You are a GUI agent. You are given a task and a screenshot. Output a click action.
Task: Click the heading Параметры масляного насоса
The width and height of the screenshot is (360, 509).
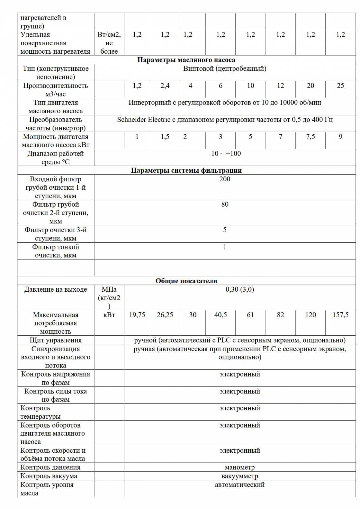(186, 60)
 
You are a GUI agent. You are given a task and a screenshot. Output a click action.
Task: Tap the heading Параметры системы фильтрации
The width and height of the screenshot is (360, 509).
(186, 171)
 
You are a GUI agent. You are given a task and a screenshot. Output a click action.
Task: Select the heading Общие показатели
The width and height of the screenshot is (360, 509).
(186, 281)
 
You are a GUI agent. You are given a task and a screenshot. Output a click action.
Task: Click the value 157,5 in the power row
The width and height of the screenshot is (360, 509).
(340, 315)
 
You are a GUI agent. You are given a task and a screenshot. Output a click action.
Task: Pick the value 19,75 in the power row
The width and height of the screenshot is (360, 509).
(137, 315)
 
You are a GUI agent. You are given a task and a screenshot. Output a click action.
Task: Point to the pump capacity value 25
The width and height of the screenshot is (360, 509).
(340, 86)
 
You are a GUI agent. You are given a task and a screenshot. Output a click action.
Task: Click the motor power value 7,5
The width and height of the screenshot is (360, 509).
(310, 137)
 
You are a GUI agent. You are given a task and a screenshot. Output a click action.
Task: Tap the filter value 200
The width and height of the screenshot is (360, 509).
(224, 179)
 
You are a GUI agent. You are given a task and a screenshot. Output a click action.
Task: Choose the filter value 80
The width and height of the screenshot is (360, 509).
(224, 204)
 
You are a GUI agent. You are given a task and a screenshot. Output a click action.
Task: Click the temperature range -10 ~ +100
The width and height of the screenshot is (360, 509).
(224, 154)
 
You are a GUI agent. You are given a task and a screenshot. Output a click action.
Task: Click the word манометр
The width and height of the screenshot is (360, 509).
(239, 467)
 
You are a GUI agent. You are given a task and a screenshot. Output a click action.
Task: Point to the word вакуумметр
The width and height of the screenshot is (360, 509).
(239, 476)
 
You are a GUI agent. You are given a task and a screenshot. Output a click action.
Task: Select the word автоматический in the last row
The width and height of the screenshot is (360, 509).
(239, 485)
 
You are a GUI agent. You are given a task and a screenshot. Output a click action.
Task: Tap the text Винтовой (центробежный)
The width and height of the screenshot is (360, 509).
(224, 69)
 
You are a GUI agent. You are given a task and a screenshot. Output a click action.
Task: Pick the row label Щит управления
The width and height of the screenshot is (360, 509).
(55, 340)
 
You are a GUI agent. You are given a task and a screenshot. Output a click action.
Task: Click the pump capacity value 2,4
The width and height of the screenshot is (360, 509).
(165, 86)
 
